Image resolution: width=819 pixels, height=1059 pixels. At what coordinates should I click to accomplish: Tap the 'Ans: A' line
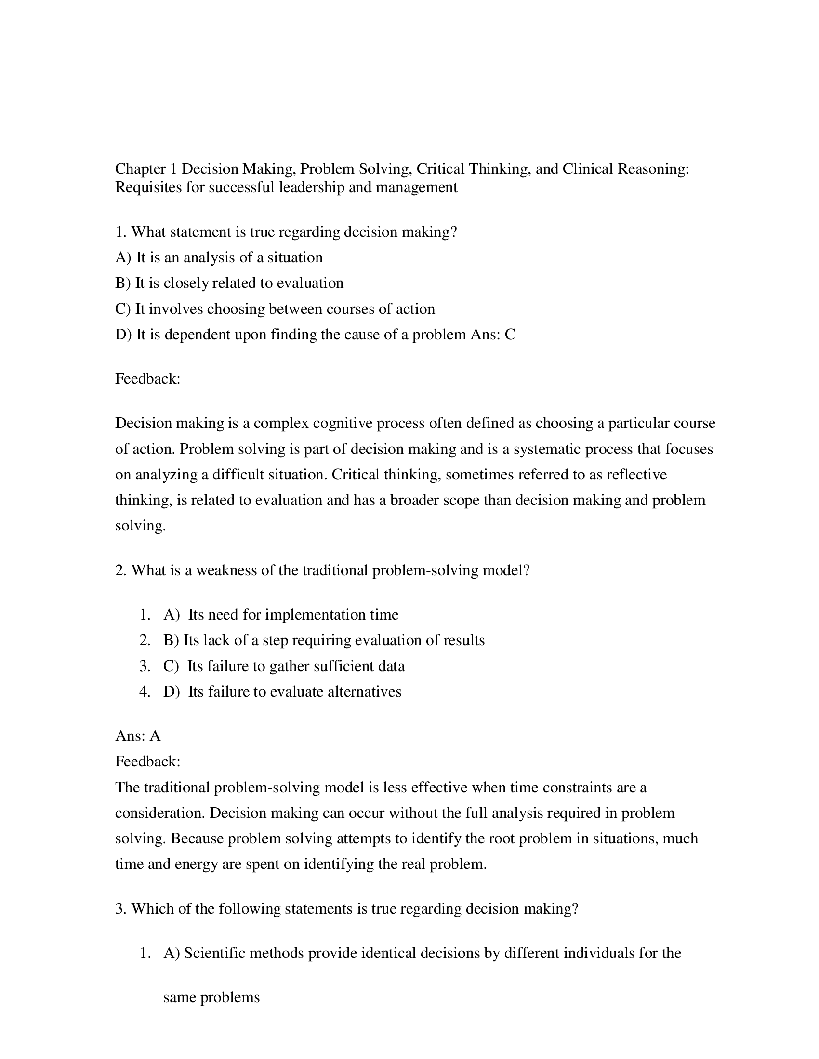138,736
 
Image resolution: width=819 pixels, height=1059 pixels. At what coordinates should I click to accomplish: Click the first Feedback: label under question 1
147,379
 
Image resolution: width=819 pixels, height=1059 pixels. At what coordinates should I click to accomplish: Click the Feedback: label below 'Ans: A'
147,762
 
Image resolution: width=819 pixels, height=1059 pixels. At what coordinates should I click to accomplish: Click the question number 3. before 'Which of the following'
121,909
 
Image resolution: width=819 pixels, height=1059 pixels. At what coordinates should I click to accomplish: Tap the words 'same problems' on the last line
211,998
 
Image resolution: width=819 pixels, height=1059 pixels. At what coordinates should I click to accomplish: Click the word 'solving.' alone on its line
140,526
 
